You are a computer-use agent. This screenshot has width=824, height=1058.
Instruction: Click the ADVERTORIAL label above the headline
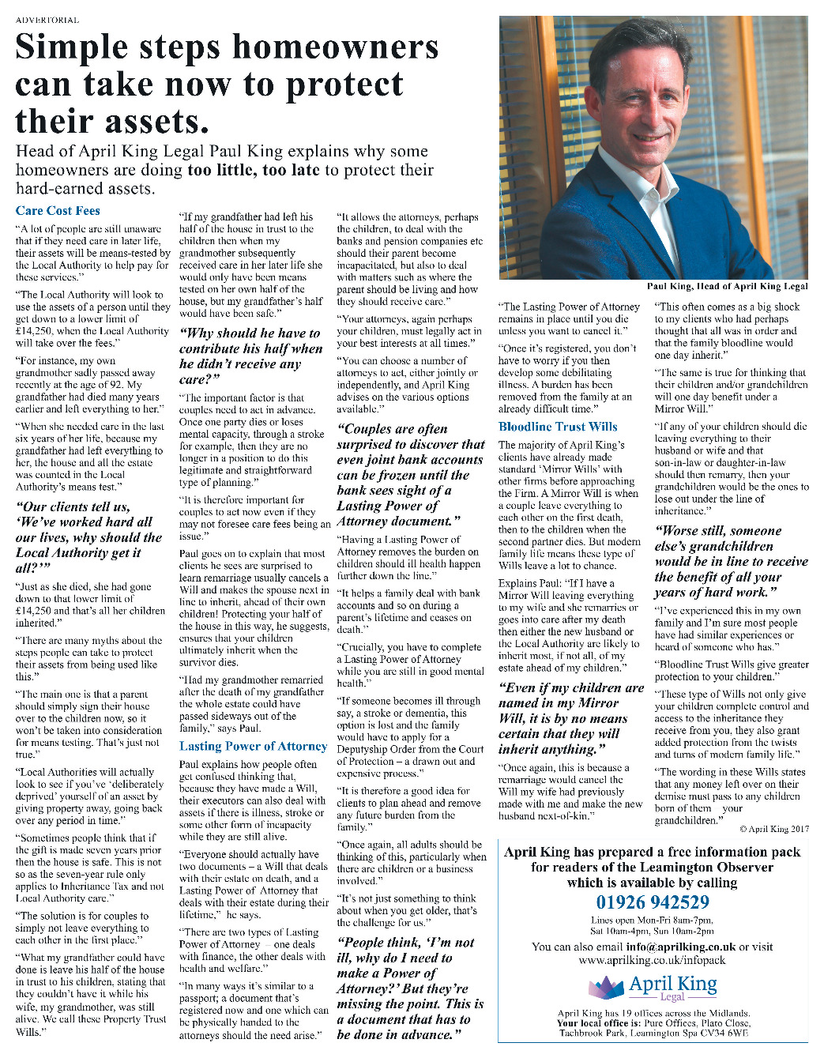tap(47, 20)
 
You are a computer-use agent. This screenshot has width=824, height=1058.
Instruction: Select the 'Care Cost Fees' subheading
tap(58, 211)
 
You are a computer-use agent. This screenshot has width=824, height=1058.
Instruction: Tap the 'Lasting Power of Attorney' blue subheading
tap(253, 746)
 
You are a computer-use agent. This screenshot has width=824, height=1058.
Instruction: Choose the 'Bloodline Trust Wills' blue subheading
tap(558, 427)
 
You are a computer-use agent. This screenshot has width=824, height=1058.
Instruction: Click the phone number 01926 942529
tap(653, 902)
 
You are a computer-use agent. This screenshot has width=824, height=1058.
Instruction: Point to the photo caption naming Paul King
tap(727, 286)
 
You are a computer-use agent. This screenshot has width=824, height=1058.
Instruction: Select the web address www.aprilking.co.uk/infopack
tap(652, 960)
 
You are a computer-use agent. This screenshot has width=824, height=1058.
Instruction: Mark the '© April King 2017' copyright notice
tap(774, 829)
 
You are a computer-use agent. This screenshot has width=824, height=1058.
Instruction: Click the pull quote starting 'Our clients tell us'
tap(88, 537)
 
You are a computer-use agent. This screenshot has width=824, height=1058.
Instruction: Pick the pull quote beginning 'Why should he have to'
tap(250, 356)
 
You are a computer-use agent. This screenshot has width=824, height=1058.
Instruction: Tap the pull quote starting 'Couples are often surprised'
tap(410, 475)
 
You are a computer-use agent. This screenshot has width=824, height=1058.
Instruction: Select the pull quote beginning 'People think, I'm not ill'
tap(410, 988)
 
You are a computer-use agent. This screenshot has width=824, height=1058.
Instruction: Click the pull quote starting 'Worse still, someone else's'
tap(731, 562)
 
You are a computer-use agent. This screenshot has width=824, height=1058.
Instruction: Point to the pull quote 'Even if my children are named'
tap(570, 718)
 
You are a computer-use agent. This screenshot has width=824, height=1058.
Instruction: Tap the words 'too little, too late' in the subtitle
tap(253, 170)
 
